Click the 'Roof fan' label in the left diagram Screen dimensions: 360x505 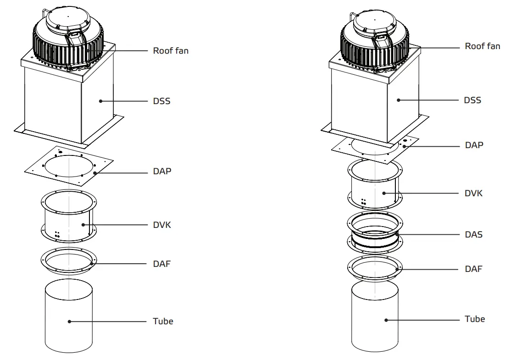click(x=170, y=50)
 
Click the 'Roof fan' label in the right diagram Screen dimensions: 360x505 click(x=482, y=46)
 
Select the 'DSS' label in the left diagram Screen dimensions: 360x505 click(x=161, y=101)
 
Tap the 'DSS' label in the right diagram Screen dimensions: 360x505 click(x=472, y=100)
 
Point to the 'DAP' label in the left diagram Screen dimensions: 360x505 click(x=161, y=172)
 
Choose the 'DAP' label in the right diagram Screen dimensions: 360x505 click(x=474, y=145)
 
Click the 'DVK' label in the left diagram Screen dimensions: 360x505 click(x=162, y=225)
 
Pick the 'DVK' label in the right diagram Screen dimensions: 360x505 click(x=474, y=193)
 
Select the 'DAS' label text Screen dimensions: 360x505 click(x=473, y=234)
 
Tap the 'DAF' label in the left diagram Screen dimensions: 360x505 click(x=161, y=264)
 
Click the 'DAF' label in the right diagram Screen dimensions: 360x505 click(x=473, y=269)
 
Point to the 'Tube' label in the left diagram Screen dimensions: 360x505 click(x=163, y=321)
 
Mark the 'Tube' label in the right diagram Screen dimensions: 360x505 click(x=474, y=319)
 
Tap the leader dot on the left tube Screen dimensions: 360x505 click(x=69, y=321)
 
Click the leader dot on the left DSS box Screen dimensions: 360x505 click(x=100, y=101)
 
